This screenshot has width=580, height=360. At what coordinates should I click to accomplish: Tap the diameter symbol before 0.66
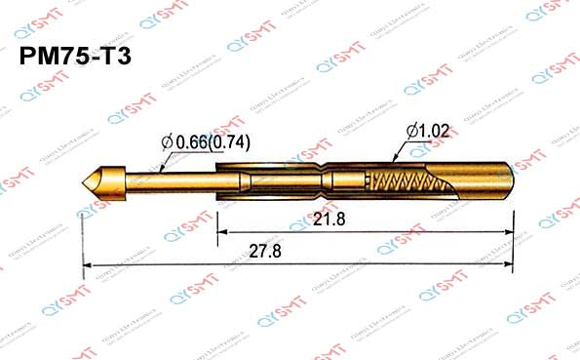[x=167, y=143]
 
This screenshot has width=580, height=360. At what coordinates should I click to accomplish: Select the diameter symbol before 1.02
[x=412, y=130]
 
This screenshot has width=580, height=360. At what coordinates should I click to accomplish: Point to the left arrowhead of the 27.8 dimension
[x=89, y=264]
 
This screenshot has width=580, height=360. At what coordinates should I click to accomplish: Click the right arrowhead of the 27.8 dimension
[x=506, y=264]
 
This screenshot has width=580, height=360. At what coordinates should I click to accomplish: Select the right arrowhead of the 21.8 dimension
[x=506, y=232]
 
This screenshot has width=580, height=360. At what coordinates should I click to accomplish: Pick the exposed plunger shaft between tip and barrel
[x=166, y=180]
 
